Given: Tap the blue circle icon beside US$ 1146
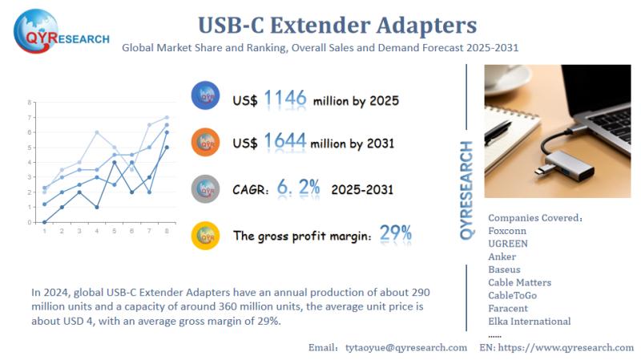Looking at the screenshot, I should point(206,96).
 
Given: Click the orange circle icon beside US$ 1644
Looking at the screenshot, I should point(206,142).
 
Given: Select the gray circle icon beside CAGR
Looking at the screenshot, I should point(206,188).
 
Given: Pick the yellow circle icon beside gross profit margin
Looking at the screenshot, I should point(206,236).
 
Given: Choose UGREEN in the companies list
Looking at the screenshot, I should point(508,243).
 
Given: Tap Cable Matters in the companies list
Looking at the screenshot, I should point(519,282).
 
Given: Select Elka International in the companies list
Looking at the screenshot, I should point(529,322).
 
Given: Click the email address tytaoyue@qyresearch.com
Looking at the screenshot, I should point(406,347).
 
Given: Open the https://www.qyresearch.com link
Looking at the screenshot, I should point(566,347).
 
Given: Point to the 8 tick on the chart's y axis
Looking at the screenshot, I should point(30,103).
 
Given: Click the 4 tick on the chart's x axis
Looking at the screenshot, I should point(96,230).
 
